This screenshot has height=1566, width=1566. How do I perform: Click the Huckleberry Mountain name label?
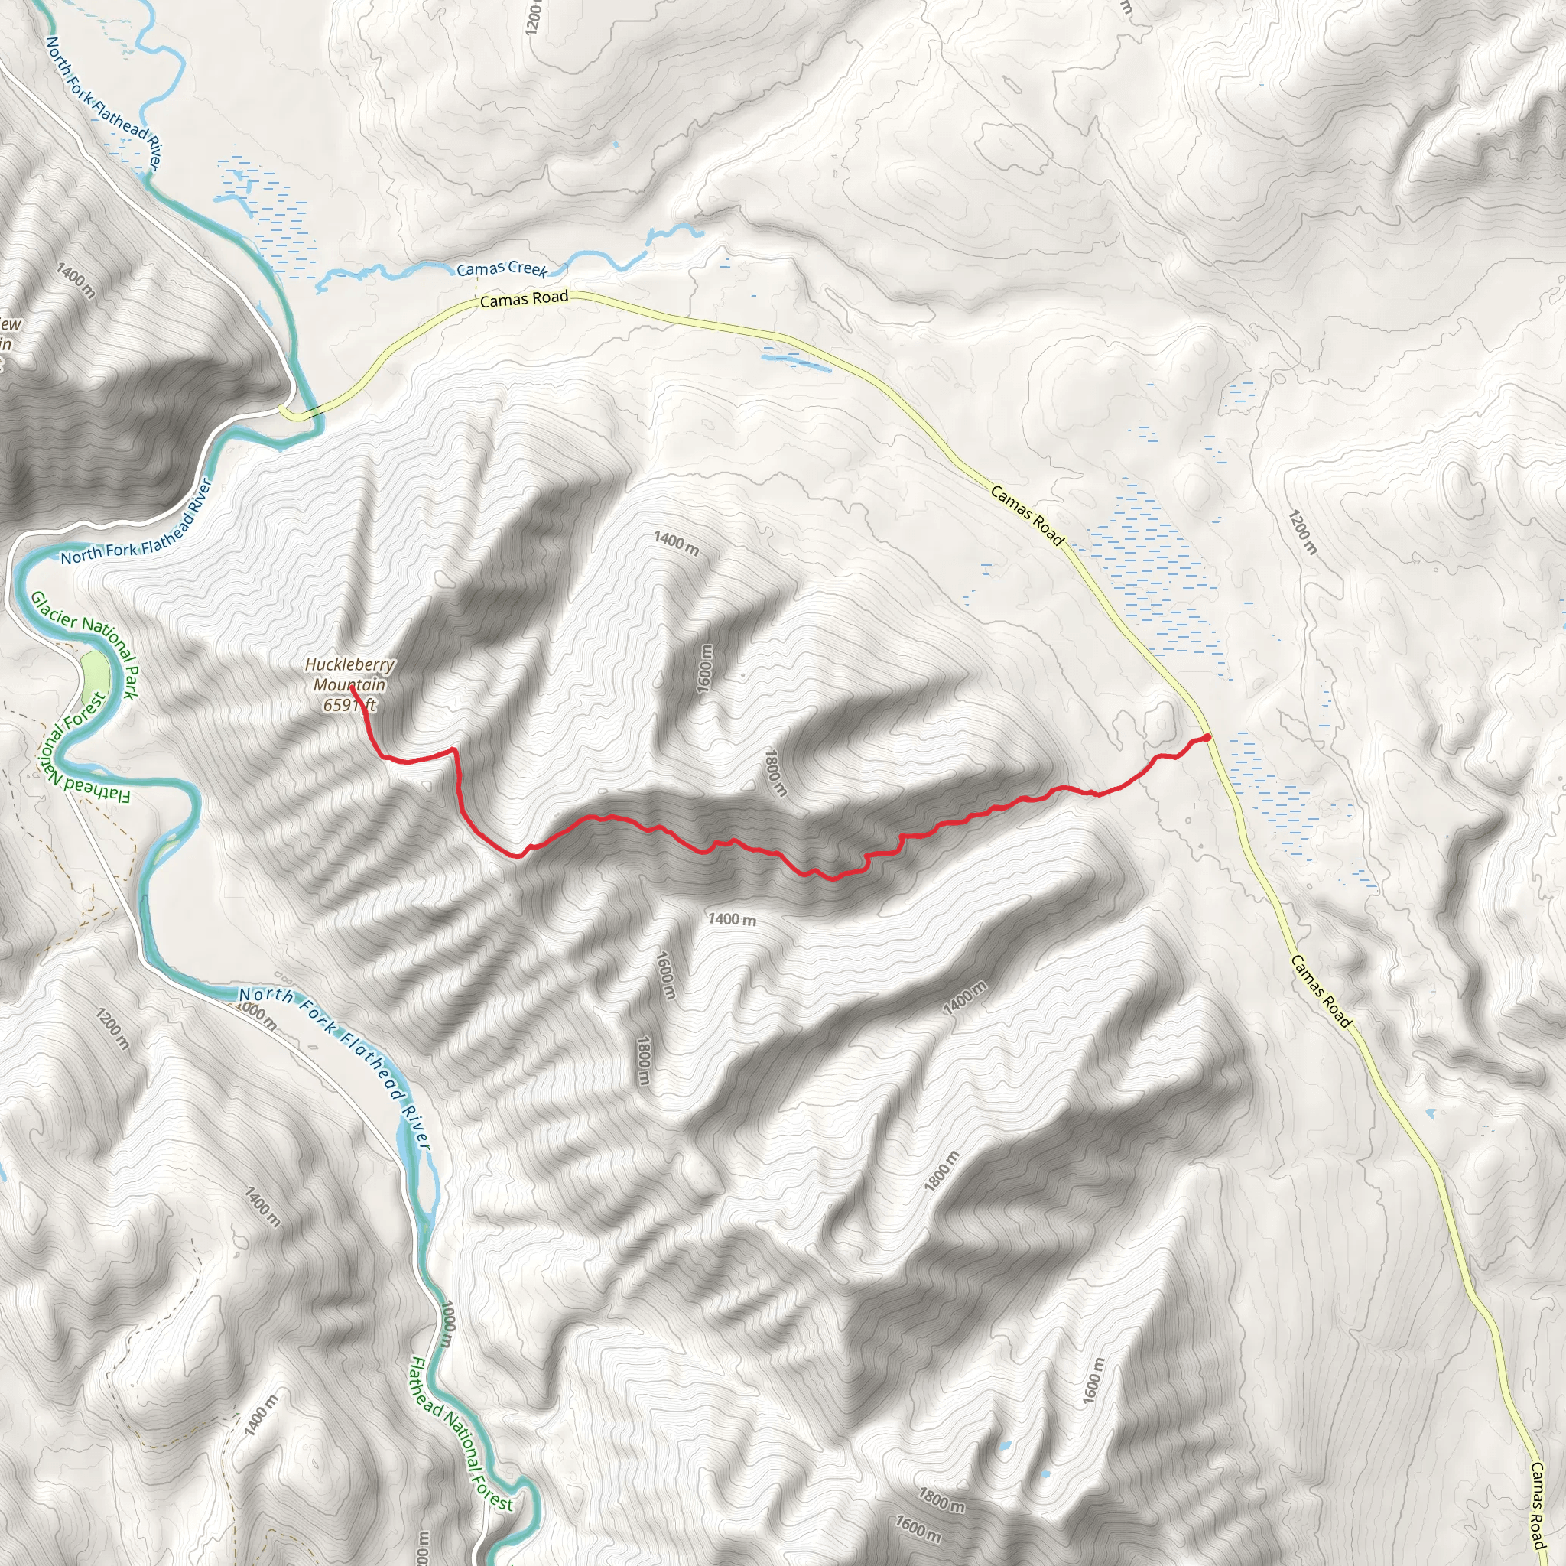(350, 674)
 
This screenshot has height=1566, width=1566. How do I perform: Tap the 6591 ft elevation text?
(350, 705)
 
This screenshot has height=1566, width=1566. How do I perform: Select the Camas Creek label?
(502, 268)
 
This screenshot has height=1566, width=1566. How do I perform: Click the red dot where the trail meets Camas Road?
(1207, 737)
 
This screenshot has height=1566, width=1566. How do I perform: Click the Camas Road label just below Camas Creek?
(524, 299)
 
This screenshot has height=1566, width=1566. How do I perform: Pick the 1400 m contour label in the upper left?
(76, 281)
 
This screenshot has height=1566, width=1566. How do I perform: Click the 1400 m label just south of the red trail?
(732, 919)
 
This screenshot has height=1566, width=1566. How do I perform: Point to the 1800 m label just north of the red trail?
(775, 772)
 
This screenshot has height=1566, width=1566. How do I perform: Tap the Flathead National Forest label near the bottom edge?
(460, 1434)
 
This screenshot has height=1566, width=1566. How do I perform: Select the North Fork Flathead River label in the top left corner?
(104, 102)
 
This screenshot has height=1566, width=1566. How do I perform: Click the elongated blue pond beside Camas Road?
(795, 360)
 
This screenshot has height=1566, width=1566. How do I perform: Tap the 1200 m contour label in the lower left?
(112, 1028)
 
